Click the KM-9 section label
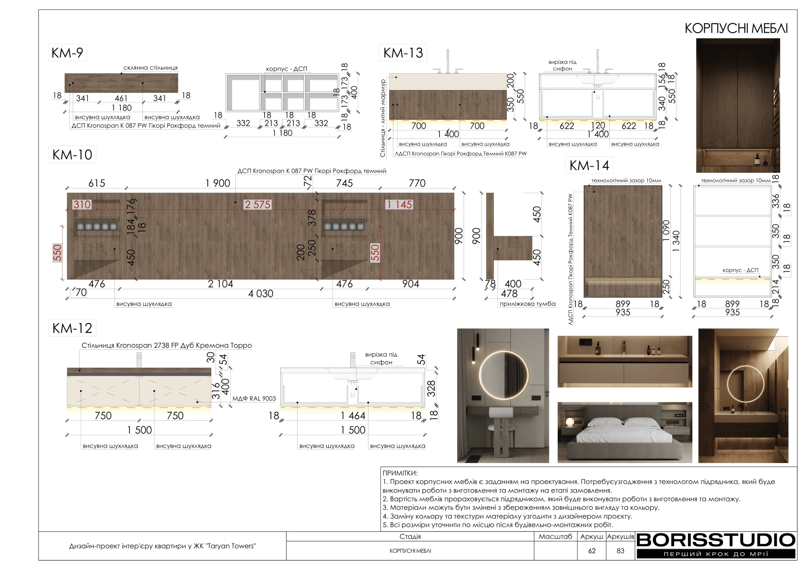[x=67, y=53]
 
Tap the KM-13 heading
[x=403, y=53]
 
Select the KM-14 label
[x=589, y=165]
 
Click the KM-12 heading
[x=72, y=328]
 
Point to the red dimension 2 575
[x=258, y=205]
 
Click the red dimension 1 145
[x=399, y=205]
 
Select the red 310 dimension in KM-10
[x=82, y=205]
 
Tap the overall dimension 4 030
[x=261, y=294]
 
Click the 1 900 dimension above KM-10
[x=218, y=183]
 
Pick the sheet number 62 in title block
[x=592, y=551]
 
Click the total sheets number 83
[x=620, y=551]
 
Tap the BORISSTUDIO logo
[x=716, y=545]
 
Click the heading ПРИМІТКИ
[x=400, y=473]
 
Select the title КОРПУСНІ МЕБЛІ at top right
[x=736, y=28]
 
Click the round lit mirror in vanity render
[x=504, y=375]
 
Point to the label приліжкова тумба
[x=528, y=304]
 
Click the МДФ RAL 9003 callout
[x=254, y=399]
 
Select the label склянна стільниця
[x=150, y=68]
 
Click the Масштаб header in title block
[x=555, y=537]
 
